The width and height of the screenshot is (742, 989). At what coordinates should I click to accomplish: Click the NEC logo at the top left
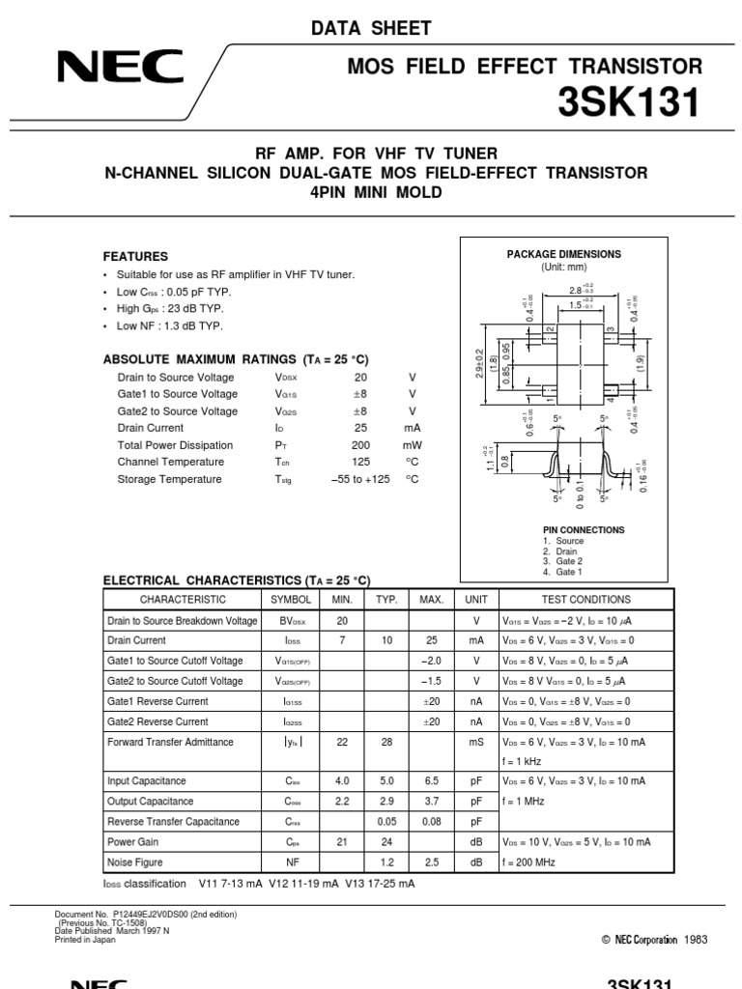point(121,68)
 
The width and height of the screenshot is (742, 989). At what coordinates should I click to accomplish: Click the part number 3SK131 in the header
point(628,102)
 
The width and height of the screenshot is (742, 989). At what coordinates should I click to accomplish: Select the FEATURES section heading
point(135,257)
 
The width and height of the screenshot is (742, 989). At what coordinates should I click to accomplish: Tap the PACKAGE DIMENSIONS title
point(564,254)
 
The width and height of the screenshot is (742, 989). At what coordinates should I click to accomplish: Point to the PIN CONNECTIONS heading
point(584,530)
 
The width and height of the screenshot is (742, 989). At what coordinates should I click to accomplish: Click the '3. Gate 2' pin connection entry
point(563,561)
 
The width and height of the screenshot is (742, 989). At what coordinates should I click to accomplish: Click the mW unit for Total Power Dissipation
point(413,445)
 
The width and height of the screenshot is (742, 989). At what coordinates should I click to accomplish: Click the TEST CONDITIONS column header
point(592,600)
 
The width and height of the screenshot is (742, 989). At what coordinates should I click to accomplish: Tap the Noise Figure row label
point(134,862)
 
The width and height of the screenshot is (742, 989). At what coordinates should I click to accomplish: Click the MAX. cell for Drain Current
point(431,640)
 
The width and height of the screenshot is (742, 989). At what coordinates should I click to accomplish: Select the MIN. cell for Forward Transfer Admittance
point(342,742)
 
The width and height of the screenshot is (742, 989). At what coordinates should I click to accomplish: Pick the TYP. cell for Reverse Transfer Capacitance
point(386,822)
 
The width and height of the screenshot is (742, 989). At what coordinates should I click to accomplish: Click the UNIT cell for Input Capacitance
point(476,781)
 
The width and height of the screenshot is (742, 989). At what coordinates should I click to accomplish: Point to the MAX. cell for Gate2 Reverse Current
point(431,721)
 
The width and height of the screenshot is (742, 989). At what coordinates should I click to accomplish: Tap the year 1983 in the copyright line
point(696,940)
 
